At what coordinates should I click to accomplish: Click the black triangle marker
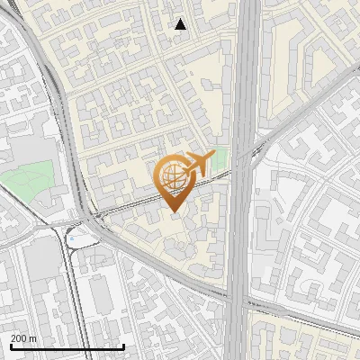tap(180, 24)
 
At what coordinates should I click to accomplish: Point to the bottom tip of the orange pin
tap(173, 211)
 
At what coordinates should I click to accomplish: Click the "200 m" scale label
tap(23, 337)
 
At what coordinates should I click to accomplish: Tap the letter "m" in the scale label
tap(32, 337)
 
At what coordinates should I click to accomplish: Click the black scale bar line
tap(67, 346)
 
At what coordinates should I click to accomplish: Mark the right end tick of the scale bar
tap(124, 346)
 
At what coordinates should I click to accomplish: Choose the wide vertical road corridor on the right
tap(243, 180)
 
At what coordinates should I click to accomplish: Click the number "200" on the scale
tap(19, 337)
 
